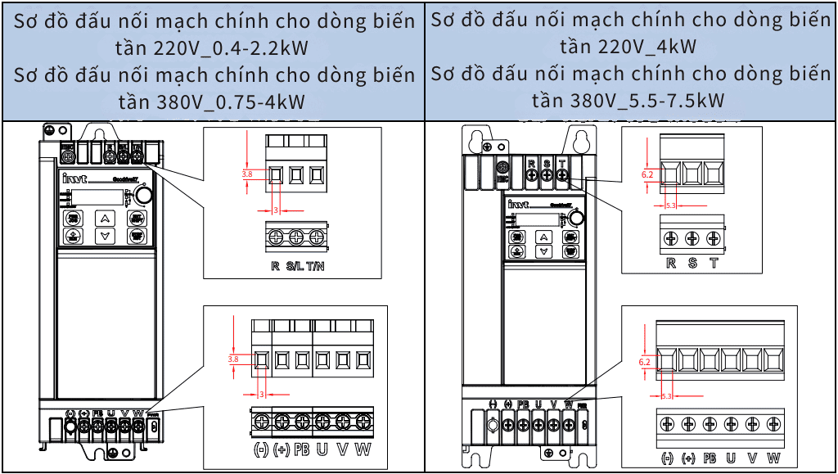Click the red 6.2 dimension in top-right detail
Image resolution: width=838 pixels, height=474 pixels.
pyautogui.click(x=647, y=174)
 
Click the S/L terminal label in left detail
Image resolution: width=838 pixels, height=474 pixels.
pyautogui.click(x=294, y=266)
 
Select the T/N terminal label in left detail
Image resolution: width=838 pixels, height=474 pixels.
pyautogui.click(x=316, y=266)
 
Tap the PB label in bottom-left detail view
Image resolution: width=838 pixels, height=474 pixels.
pyautogui.click(x=303, y=449)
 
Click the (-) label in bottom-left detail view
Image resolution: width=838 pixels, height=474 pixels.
pyautogui.click(x=261, y=449)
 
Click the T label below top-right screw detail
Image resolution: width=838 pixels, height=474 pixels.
pyautogui.click(x=714, y=264)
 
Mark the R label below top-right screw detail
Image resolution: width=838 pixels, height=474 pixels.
pyautogui.click(x=671, y=264)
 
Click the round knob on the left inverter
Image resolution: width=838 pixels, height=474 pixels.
pyautogui.click(x=143, y=194)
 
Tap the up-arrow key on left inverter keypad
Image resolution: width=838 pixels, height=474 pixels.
pyautogui.click(x=104, y=218)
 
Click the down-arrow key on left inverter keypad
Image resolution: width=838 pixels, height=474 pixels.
pyautogui.click(x=104, y=236)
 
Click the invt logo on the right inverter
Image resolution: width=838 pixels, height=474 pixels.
pyautogui.click(x=518, y=204)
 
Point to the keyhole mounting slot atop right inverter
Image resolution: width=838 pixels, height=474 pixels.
pyautogui.click(x=581, y=142)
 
